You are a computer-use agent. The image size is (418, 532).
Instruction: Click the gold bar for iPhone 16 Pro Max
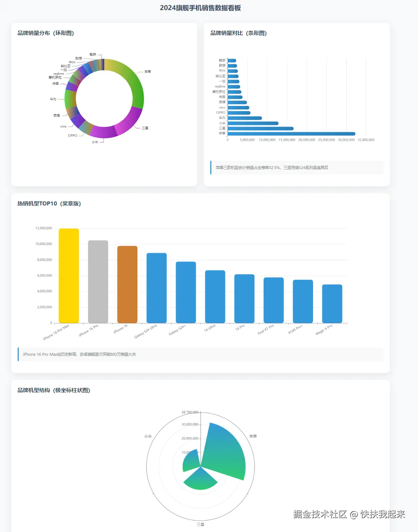click(69, 276)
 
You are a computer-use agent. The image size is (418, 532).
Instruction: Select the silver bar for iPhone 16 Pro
click(98, 281)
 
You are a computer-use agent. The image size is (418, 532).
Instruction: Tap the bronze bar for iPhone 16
click(127, 284)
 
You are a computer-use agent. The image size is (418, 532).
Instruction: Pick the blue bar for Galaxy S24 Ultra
click(157, 288)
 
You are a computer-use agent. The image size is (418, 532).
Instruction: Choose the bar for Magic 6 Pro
click(332, 303)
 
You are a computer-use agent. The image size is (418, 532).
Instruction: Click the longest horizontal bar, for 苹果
click(291, 134)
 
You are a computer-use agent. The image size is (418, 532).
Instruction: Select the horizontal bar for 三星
click(260, 128)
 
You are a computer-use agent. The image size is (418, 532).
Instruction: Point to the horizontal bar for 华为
click(245, 118)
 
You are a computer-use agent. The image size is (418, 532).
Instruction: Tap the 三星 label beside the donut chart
click(145, 128)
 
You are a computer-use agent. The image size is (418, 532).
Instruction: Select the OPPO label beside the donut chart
click(72, 136)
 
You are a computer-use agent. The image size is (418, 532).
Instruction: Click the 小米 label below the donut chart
click(94, 142)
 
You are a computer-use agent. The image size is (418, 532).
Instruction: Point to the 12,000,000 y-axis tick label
click(44, 228)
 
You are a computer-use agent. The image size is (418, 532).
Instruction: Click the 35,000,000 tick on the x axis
click(366, 140)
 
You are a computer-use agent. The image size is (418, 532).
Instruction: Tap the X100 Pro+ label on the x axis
click(295, 329)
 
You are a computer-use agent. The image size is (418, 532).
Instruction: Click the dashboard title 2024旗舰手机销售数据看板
click(200, 8)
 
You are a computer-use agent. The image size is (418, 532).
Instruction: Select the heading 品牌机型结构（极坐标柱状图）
click(54, 390)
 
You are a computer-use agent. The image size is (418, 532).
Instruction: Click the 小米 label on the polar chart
click(148, 436)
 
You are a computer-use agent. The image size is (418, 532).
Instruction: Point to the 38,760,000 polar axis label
click(190, 412)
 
